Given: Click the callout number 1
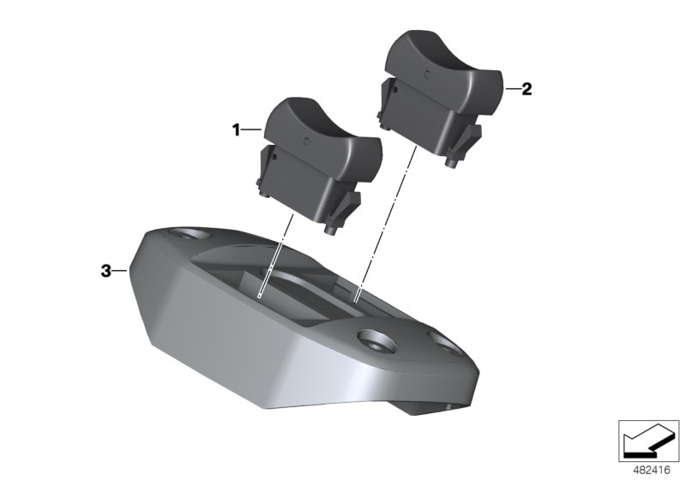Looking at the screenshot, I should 234,129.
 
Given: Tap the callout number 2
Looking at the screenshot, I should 527,88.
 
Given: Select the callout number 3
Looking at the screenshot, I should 106,271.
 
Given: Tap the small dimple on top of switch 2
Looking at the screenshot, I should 429,72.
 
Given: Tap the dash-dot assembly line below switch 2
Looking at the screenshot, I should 386,223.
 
